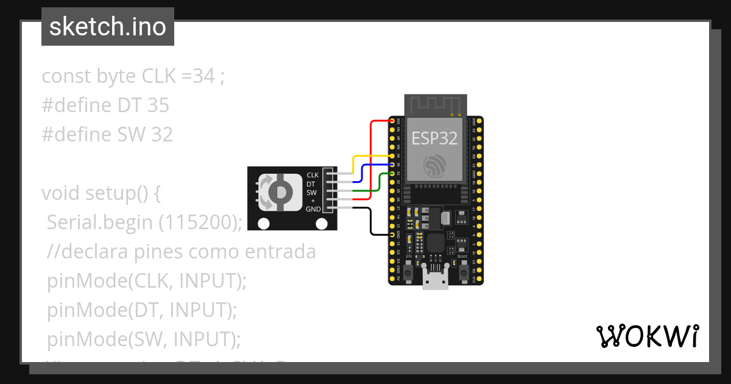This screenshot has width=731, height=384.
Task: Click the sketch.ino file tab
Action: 107,27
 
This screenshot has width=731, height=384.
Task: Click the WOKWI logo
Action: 647,336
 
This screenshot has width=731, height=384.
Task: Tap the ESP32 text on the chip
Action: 434,138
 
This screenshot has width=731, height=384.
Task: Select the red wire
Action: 372,158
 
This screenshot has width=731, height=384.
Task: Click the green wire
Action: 381,183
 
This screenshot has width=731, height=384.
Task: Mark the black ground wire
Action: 371,222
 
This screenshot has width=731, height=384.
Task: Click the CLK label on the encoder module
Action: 313,175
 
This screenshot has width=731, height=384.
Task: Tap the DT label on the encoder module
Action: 311,183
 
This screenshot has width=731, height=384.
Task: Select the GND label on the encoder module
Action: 313,209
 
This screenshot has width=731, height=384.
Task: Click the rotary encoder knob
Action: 280,193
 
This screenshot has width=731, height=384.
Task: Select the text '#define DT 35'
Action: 105,105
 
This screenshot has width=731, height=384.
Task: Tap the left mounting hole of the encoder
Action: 263,224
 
